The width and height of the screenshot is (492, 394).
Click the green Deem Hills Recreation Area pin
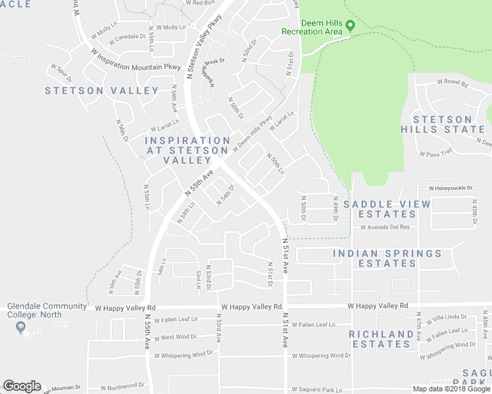coord(351,26)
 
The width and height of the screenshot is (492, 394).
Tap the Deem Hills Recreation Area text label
coord(312,26)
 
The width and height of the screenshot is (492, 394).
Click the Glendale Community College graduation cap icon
coord(21,327)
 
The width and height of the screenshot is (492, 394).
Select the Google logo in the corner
coord(22,386)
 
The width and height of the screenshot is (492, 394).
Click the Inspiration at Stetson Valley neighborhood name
coord(187,150)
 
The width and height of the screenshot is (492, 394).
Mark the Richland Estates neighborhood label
coord(381,339)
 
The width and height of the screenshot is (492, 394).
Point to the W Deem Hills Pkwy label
coord(251,135)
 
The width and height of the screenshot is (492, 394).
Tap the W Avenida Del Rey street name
coord(385,227)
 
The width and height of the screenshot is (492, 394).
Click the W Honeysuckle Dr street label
coord(451,188)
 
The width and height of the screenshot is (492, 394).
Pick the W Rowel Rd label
coord(452,84)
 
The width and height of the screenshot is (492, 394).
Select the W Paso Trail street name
coord(437,154)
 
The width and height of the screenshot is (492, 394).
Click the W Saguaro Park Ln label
coord(316,390)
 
